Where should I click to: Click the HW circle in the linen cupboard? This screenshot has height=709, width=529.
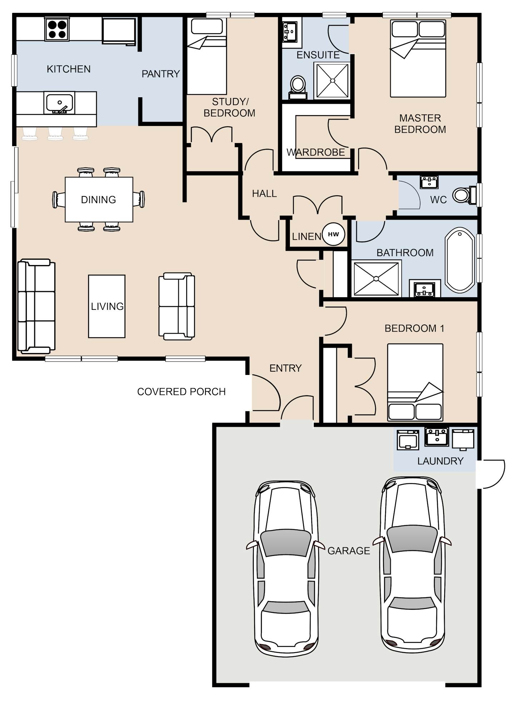(x=333, y=234)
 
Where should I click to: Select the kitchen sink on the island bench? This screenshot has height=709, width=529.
(x=59, y=103)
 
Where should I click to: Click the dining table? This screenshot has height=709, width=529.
(x=99, y=200)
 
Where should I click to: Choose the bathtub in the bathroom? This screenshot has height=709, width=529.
(x=460, y=260)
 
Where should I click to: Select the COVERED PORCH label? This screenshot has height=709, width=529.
(x=182, y=392)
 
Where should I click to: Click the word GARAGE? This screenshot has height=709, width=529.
(x=349, y=551)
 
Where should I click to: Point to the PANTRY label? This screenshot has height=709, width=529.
(x=160, y=74)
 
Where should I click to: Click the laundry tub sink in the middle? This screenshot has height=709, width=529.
(x=436, y=437)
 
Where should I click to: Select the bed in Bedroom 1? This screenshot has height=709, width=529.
(x=415, y=382)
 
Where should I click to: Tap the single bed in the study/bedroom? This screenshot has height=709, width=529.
(x=207, y=56)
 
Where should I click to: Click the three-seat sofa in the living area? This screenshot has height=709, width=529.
(x=36, y=307)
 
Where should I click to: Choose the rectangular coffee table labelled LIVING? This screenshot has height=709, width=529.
(x=107, y=306)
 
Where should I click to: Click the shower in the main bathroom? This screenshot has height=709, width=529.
(x=376, y=279)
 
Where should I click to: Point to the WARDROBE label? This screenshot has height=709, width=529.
(x=316, y=153)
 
